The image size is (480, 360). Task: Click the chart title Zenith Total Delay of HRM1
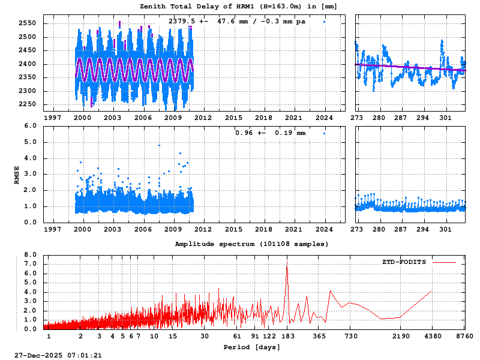pos(238,6)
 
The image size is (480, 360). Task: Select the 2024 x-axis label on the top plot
pos(325,118)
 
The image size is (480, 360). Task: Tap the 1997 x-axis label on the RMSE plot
pos(52,229)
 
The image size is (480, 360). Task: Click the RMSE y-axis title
pos(17,174)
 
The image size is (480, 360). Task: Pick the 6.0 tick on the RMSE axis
pos(31,126)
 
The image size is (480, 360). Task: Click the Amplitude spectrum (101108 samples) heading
pos(251,244)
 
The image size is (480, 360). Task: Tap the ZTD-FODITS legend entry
pos(404,262)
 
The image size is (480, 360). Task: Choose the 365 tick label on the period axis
pos(319,336)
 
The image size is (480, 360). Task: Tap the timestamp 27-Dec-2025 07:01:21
pos(58,355)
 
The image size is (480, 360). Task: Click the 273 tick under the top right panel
pos(356,118)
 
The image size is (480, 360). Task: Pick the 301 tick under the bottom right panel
pos(445,229)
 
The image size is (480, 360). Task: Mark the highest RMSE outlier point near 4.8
pos(160,145)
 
